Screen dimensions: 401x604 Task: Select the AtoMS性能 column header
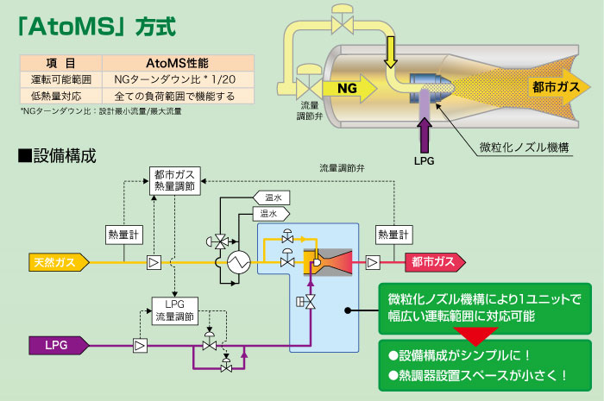(x=178, y=63)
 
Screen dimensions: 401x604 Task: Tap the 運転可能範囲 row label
(x=60, y=79)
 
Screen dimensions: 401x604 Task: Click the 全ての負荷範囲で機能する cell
(x=178, y=96)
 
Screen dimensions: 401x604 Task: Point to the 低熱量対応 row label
(x=60, y=96)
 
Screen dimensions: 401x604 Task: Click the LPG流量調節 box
(x=175, y=310)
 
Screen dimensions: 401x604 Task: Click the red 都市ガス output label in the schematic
(x=432, y=260)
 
